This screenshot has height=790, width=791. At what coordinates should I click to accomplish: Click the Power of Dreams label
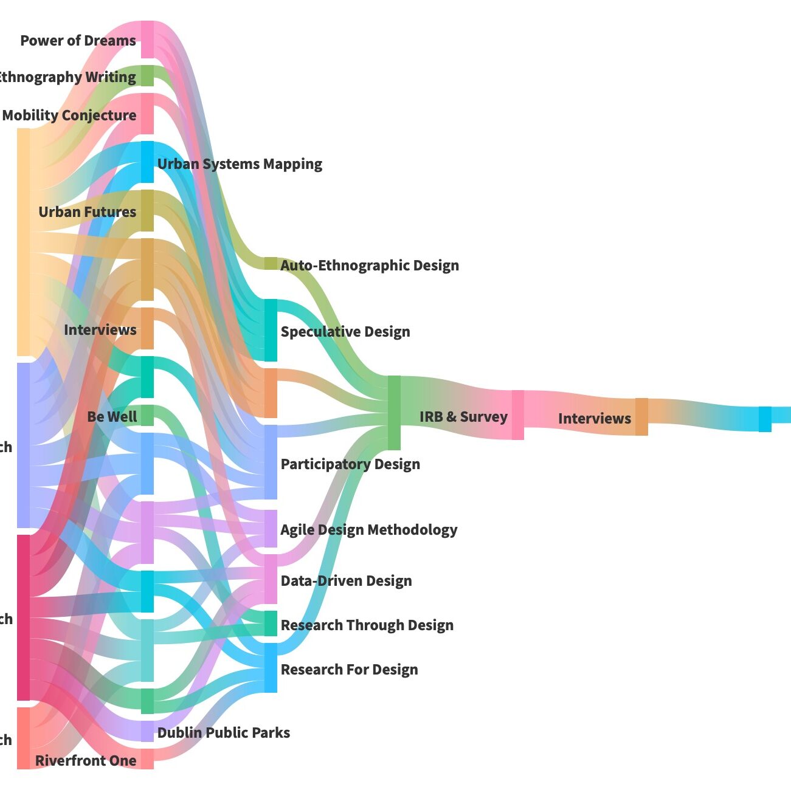coord(78,41)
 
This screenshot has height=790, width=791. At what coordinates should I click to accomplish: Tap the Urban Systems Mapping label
coord(240,164)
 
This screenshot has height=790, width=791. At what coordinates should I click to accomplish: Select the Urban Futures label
coord(87,212)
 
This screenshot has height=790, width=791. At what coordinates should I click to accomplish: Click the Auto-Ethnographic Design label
coord(369,266)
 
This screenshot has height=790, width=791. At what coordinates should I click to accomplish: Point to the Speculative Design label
coord(345,332)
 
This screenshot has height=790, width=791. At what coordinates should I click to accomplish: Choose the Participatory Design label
coord(350,464)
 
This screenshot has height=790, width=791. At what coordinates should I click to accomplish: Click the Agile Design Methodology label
coord(368,530)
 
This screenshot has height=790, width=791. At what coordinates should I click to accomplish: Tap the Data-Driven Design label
coord(346,581)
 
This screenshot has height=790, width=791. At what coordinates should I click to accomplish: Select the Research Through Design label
coord(367,625)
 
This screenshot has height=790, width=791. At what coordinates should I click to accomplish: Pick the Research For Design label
coord(349,670)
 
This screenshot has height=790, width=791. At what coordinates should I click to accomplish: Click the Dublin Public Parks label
coord(223,733)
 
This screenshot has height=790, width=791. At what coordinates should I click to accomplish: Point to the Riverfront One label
coord(86,761)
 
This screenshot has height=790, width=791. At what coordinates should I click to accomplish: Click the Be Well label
coord(112,417)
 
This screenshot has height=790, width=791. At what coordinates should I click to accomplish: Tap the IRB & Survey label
coord(463,417)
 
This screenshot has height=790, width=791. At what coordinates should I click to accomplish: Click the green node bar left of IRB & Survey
coord(394,413)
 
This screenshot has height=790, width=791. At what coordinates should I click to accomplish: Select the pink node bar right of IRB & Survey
coord(517,415)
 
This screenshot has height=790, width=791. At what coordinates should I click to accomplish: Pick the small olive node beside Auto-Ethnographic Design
coord(271,263)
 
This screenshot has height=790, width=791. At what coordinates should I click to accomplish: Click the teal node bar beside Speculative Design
coord(271,329)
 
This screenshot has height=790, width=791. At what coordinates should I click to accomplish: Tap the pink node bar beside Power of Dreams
coord(147,39)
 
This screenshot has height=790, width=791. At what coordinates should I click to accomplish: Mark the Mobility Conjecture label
coord(69,115)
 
